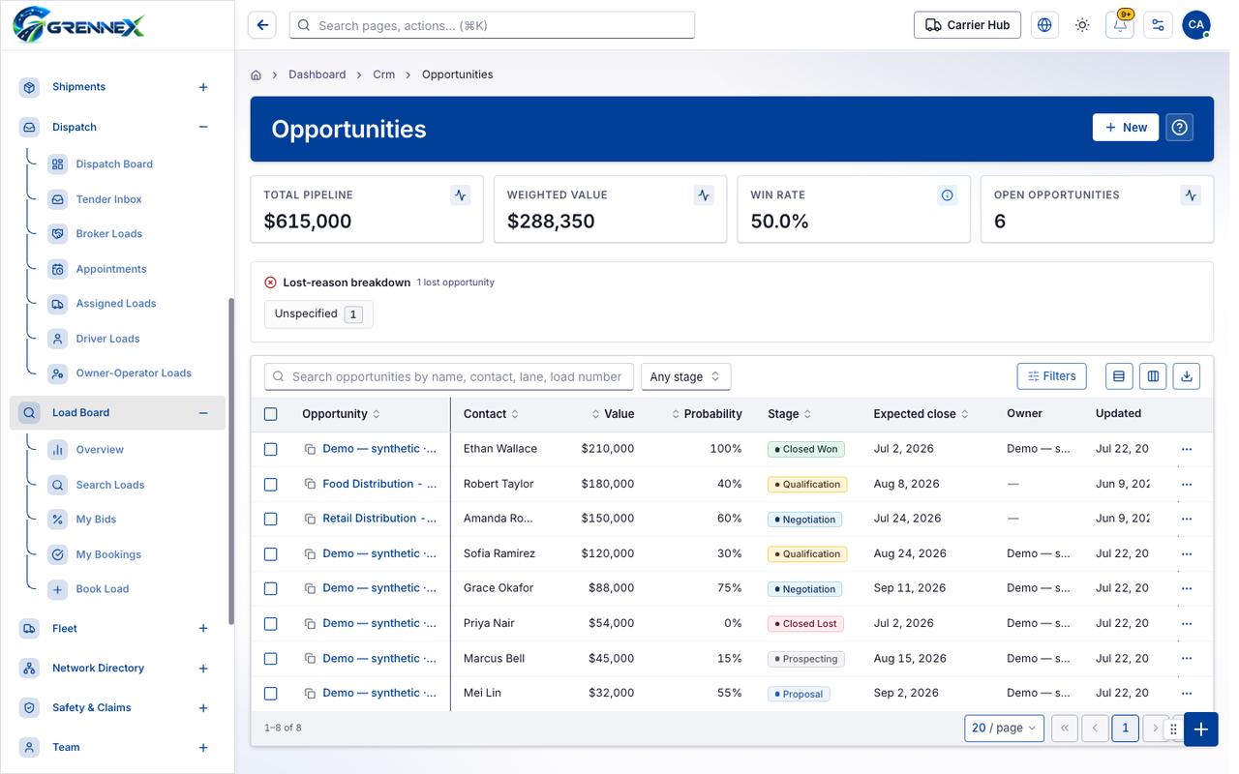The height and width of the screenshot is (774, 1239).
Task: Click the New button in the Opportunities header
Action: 1125,128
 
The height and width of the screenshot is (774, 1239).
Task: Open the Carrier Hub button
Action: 967,25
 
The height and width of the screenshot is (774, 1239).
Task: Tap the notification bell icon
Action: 1120,25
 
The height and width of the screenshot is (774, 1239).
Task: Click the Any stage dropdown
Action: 685,376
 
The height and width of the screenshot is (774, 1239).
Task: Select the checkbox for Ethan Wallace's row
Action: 270,449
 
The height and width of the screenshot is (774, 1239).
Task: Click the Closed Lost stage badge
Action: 805,624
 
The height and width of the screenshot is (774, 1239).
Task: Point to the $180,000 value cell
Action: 607,484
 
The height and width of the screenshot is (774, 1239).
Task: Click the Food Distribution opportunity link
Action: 379,484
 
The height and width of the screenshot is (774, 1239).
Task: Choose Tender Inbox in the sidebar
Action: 108,199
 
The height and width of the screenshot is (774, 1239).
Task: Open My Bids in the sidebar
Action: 96,520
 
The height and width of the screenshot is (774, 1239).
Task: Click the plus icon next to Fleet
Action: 203,628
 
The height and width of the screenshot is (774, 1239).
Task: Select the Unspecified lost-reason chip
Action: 318,314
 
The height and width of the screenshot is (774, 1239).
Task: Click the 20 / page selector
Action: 1004,728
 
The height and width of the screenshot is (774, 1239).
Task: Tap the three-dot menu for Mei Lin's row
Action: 1187,694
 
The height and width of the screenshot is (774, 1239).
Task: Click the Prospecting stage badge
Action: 806,659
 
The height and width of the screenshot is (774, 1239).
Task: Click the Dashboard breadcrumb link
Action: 317,74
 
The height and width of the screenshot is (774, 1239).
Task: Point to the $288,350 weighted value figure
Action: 551,222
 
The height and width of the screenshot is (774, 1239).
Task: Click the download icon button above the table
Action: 1187,376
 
